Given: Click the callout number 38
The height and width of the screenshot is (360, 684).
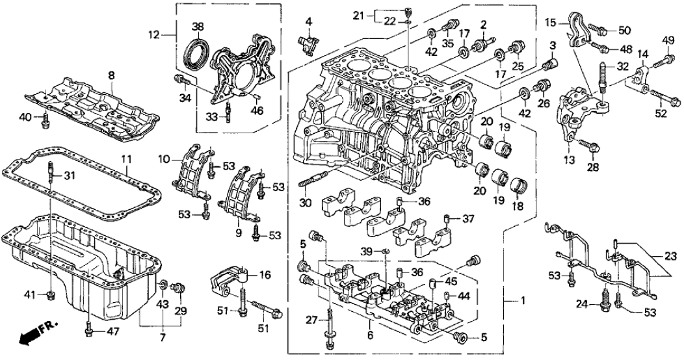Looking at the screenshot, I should tap(198, 27).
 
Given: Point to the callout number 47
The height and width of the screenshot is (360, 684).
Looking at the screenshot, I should tap(96, 332).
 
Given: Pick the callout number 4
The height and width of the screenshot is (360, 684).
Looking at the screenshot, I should tap(309, 21).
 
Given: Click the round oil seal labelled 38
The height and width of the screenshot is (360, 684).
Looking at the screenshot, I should tap(199, 52).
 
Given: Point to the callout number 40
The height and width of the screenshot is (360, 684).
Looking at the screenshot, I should tap(27, 117).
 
